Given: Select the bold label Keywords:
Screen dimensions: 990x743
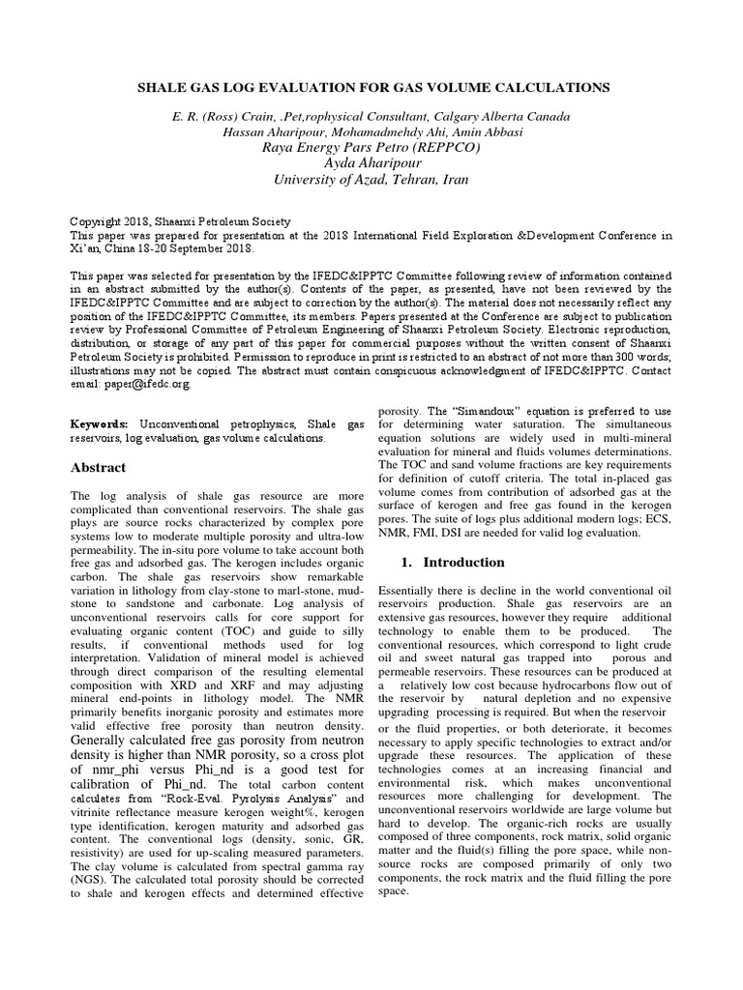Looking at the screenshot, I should click(x=101, y=424).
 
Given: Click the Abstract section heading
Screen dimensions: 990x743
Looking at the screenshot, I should click(x=99, y=468).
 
